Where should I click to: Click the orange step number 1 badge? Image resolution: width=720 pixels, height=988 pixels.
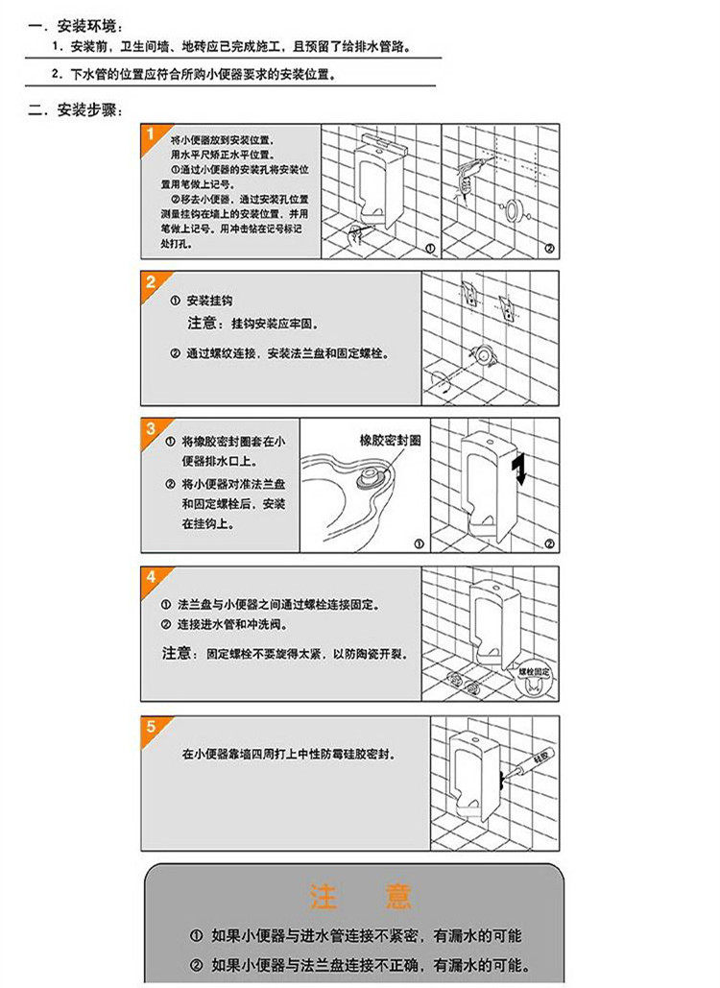[150, 134]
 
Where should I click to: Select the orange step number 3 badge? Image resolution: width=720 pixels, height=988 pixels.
[151, 428]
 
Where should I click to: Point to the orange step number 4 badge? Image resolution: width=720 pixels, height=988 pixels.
[151, 577]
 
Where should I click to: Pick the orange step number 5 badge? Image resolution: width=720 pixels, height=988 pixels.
[151, 726]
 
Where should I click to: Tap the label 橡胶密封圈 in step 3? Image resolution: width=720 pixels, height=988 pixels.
[390, 439]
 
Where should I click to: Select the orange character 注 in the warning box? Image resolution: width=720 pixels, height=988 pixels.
[322, 897]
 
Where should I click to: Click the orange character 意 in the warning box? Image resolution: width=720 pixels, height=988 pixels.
[396, 897]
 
